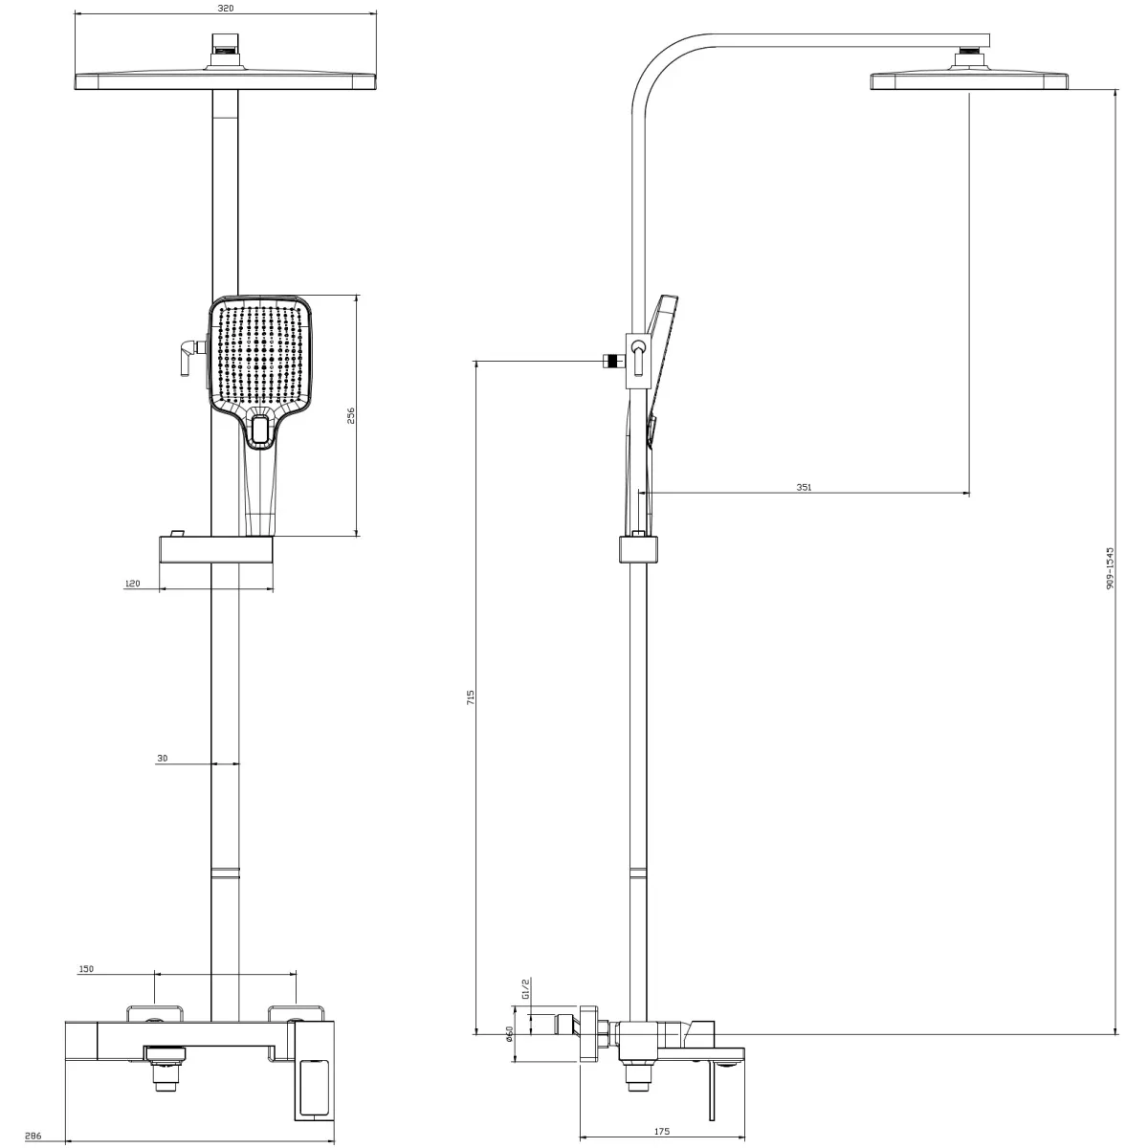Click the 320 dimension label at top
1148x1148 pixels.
(225, 8)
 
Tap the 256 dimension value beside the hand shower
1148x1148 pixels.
(350, 415)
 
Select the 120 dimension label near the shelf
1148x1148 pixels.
(132, 583)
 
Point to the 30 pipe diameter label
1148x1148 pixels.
(162, 758)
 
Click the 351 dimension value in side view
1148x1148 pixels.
(804, 487)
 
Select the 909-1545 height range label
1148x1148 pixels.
(1110, 568)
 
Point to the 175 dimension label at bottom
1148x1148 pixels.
(661, 1132)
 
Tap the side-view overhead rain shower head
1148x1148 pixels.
(967, 80)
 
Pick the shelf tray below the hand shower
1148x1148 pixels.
(217, 552)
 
